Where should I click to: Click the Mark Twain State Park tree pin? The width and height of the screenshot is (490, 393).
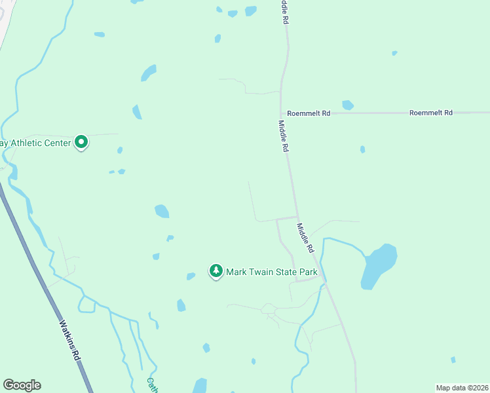[x=216, y=271]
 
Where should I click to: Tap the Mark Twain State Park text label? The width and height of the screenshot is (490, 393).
[x=276, y=271]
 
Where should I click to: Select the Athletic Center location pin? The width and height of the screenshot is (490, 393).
[x=81, y=141]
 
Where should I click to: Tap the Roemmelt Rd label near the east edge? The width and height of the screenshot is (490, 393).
[x=430, y=113]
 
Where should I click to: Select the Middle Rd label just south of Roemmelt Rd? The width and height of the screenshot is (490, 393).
[x=283, y=136]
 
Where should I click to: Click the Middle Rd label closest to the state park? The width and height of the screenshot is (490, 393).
[x=305, y=239]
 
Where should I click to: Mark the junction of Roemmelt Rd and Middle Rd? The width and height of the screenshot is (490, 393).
[x=282, y=113]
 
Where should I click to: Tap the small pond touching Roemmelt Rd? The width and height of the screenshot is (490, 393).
[x=348, y=105]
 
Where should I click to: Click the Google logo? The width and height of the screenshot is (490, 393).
[x=22, y=385]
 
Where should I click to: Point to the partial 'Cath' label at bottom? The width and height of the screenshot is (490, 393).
[x=151, y=384]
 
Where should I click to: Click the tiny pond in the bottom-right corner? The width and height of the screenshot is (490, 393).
[x=453, y=359]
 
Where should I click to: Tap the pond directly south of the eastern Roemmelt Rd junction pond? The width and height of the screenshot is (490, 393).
[x=362, y=149]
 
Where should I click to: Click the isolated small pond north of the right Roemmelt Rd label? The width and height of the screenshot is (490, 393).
[x=394, y=53]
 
